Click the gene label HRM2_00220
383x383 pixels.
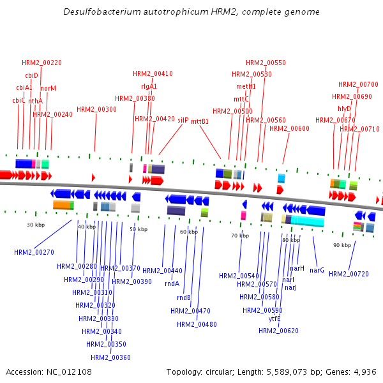42,63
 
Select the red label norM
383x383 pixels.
49,88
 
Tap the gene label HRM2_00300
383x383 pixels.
96,109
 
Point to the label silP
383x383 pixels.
183,119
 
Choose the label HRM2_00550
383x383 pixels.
266,63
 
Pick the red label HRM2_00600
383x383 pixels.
289,128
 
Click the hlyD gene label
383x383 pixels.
345,109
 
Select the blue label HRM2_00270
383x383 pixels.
34,252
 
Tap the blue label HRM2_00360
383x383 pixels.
110,357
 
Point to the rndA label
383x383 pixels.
172,283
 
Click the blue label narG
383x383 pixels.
317,270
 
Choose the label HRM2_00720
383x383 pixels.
349,274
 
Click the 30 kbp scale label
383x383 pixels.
36,225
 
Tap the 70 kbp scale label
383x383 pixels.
240,236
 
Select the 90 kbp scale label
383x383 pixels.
342,244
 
